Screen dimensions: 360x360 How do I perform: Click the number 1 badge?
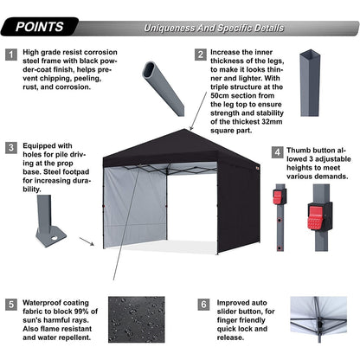coord(11,54)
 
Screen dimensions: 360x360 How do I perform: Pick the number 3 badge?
coord(11,147)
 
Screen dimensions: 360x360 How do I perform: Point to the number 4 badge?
coord(278,152)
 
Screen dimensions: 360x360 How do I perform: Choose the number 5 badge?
coord(11,305)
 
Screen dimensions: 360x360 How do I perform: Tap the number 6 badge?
coord(202,305)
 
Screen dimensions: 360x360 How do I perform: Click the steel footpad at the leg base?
coord(50,235)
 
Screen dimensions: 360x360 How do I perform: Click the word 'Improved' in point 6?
coord(236,305)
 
